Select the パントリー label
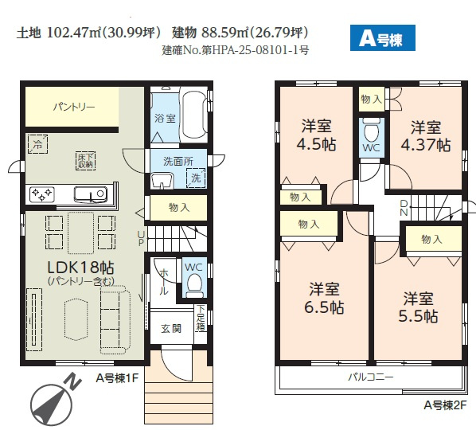coord(74,106)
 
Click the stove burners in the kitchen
coord(41,193)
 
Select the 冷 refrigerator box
coord(37,144)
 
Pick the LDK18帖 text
coord(80,268)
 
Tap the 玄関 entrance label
coord(171,328)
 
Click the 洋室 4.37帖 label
coord(427,135)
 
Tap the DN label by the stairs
coord(403,209)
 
